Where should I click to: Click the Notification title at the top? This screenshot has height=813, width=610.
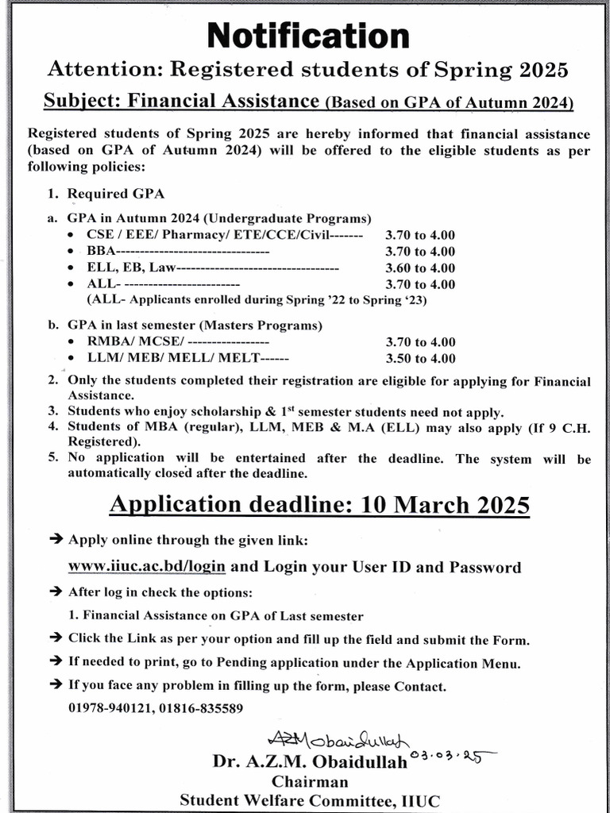click(308, 36)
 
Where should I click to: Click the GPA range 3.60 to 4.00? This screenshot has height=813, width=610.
click(420, 268)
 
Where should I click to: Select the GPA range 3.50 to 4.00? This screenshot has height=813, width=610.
click(420, 359)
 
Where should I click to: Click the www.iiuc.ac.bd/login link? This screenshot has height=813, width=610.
click(147, 567)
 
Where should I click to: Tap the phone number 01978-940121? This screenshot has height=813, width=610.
click(107, 707)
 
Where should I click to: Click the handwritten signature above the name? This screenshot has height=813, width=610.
click(338, 741)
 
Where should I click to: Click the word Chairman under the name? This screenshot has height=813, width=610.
click(309, 781)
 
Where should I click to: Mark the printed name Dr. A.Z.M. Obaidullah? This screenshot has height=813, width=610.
click(310, 762)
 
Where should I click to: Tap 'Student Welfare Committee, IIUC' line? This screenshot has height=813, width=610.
click(309, 800)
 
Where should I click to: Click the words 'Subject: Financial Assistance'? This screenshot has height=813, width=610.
click(182, 101)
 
